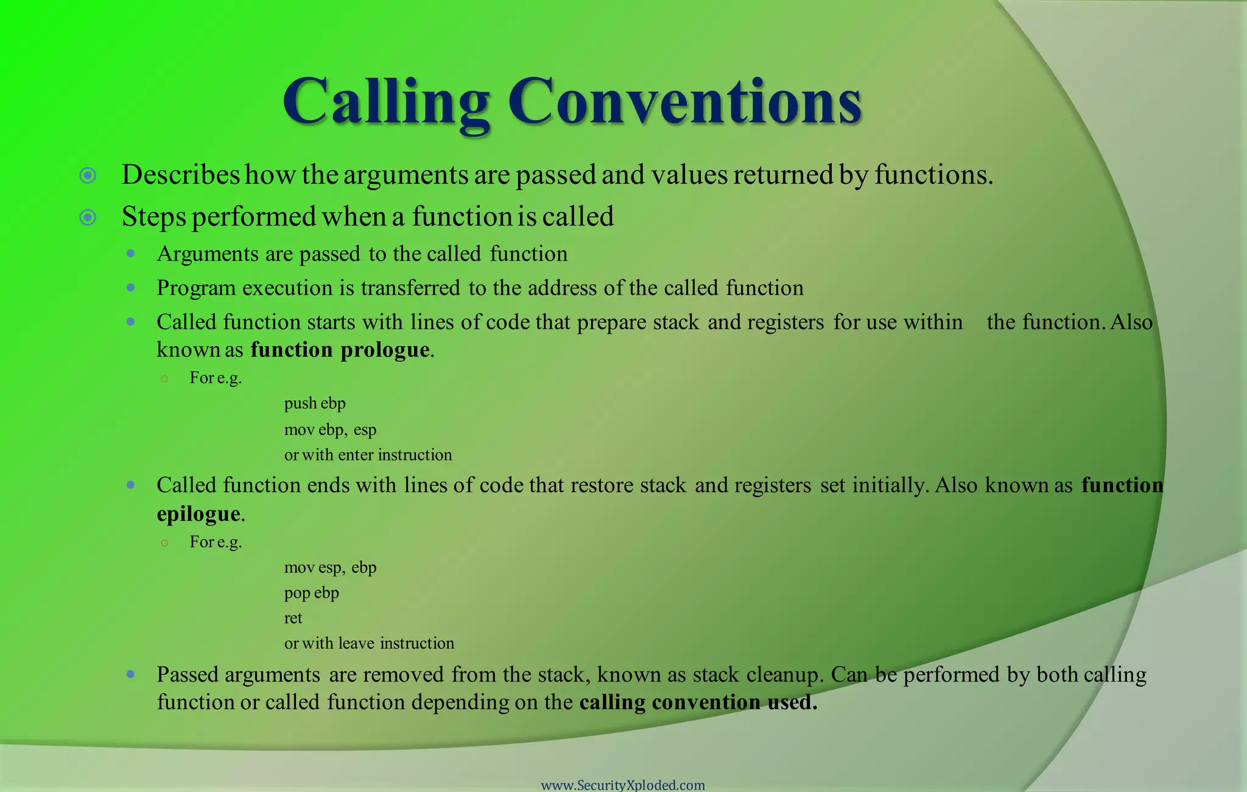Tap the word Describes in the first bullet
click(x=181, y=175)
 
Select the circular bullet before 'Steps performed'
click(x=88, y=217)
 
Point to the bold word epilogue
click(x=198, y=514)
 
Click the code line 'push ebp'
click(x=315, y=403)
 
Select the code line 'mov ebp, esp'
click(x=330, y=430)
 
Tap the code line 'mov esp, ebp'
click(x=330, y=568)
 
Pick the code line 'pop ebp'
click(x=311, y=593)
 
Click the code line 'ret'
click(x=293, y=618)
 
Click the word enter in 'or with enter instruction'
click(x=356, y=455)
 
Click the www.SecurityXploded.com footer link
click(x=623, y=785)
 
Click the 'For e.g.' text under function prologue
click(x=216, y=378)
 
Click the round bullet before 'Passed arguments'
click(x=130, y=674)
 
